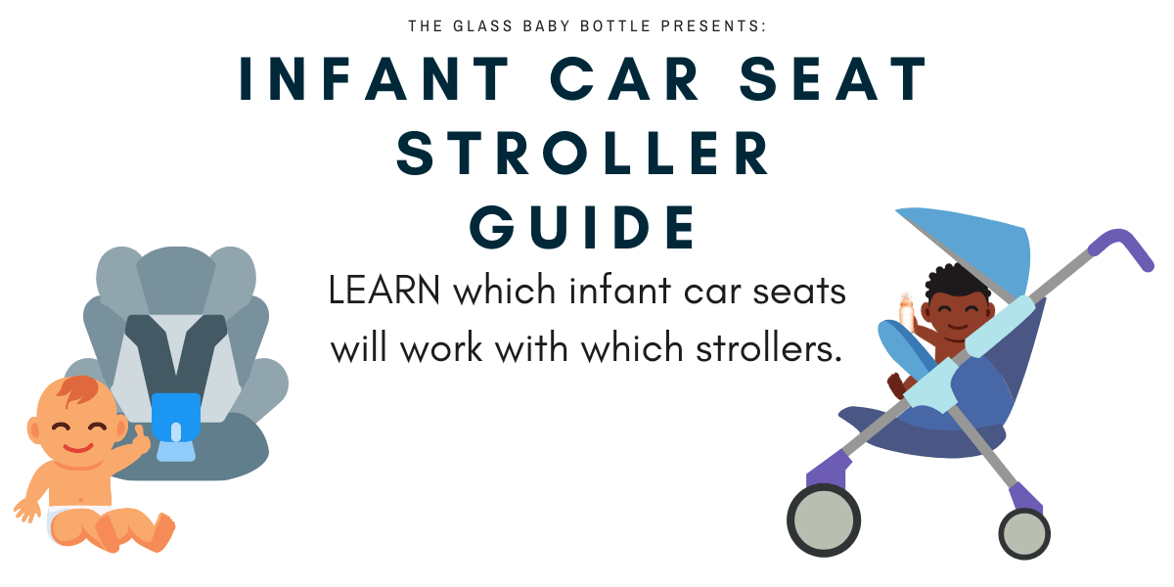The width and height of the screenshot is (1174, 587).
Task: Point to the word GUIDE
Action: tap(584, 227)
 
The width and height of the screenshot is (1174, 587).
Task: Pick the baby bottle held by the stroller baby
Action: tap(906, 311)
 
